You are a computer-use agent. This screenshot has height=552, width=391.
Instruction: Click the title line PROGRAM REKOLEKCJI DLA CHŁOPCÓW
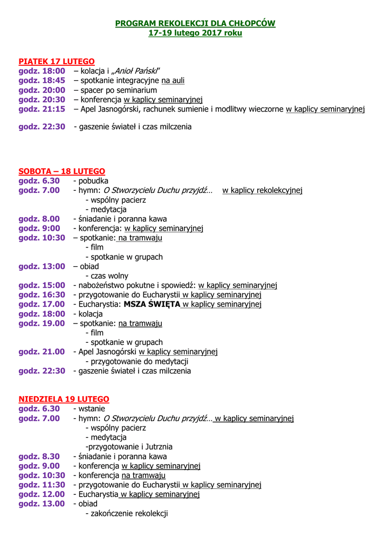[195, 23]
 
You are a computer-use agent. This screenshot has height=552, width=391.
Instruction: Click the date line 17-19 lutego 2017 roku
[195, 33]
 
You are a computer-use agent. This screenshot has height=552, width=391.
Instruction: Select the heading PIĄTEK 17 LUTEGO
[57, 61]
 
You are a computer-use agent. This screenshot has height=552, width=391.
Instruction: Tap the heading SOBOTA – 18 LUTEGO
[61, 171]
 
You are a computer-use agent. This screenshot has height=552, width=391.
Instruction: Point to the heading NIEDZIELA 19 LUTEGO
[64, 399]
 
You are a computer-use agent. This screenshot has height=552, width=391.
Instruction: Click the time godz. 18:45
[42, 80]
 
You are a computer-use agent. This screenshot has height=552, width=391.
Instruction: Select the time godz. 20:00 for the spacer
[42, 90]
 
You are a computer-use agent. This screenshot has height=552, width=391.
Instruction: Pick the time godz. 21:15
[42, 109]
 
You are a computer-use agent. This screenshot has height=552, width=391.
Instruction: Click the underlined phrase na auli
[173, 80]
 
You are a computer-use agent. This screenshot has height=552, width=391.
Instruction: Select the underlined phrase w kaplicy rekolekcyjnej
[262, 190]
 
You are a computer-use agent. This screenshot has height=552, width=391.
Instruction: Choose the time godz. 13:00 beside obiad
[42, 266]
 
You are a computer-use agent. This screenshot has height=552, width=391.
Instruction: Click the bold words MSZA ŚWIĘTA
[152, 305]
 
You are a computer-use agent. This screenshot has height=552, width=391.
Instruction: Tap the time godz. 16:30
[42, 295]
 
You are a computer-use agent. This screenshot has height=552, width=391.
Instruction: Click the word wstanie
[92, 409]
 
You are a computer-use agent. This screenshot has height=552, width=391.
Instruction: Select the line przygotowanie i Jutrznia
[129, 447]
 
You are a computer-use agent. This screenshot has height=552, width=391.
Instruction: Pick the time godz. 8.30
[39, 457]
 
